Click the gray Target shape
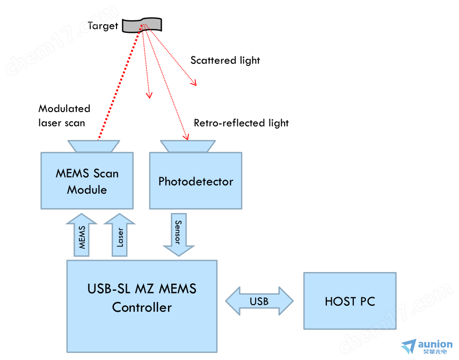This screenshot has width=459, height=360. tap(142, 25)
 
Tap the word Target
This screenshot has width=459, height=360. tap(103, 26)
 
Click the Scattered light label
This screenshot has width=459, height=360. tap(225, 60)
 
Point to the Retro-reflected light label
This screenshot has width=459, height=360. tap(241, 123)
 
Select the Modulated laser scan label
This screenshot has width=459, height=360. tap(64, 116)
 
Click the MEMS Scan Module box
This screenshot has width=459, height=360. tap(87, 181)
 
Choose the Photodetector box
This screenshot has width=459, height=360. tap(195, 181)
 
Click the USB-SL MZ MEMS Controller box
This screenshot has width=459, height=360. tap(142, 306)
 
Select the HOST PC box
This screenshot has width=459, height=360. tap(350, 301)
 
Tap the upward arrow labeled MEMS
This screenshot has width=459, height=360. tap(82, 235)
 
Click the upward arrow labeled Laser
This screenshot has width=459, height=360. tap(119, 235)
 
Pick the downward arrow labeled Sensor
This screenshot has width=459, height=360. tap(179, 235)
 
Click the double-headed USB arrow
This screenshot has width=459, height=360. tap(259, 301)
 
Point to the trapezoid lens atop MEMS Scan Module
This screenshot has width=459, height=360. tap(93, 146)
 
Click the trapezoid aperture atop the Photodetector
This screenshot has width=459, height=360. tap(188, 146)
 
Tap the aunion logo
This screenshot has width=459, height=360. tap(427, 347)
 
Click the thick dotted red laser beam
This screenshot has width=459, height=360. tap(120, 83)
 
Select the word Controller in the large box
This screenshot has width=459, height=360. tap(142, 307)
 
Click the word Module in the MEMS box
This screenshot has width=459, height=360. tap(87, 190)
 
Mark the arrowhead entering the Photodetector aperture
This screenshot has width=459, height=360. tap(186, 137)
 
